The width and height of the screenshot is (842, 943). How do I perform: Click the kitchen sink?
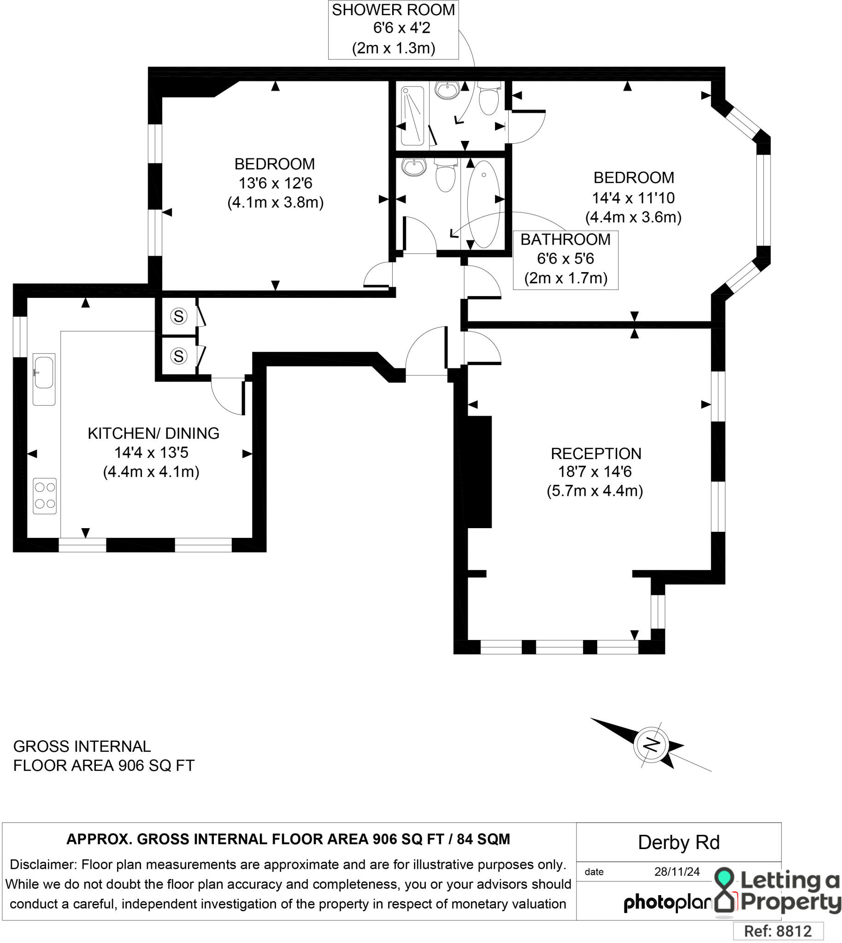(x=44, y=379)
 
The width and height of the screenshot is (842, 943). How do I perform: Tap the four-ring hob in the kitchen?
(x=44, y=496)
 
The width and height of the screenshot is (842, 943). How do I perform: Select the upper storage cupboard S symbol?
(x=178, y=316)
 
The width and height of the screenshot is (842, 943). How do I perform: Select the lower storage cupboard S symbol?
(x=178, y=356)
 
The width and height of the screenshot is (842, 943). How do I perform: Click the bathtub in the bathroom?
(x=483, y=204)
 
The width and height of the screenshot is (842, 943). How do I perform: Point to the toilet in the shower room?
(x=489, y=98)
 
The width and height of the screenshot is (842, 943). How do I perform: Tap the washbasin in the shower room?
(x=447, y=90)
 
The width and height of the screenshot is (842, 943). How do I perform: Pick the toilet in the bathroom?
(x=446, y=175)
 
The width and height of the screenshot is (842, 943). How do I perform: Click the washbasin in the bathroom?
(x=413, y=167)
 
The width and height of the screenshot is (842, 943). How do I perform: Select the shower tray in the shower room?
(x=412, y=115)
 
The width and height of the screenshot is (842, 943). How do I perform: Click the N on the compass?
(x=651, y=744)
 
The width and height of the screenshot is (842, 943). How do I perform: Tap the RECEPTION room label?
(x=596, y=454)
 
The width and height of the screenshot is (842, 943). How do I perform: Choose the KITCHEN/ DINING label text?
(x=153, y=433)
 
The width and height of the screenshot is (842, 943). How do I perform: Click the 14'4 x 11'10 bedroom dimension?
(x=633, y=198)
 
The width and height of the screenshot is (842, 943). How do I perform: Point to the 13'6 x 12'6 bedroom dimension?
(x=275, y=183)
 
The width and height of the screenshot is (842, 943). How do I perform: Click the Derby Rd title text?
(x=679, y=843)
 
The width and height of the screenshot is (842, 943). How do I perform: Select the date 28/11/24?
(x=677, y=872)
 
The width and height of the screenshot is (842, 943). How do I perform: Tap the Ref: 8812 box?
(x=778, y=931)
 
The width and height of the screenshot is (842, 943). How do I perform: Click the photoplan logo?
(x=668, y=902)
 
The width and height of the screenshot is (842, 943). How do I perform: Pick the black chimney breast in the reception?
(x=480, y=472)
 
